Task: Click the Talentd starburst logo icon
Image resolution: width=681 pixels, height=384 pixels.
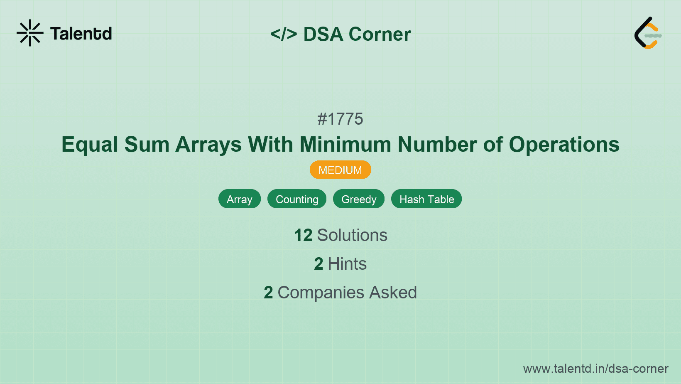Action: click(30, 33)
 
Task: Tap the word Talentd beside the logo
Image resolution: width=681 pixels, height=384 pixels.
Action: click(81, 34)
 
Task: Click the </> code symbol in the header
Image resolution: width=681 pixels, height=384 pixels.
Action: click(284, 34)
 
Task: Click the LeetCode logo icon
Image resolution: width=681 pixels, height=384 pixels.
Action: click(648, 33)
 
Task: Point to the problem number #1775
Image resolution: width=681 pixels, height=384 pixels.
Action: click(340, 119)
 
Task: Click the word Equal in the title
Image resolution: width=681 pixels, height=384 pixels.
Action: click(90, 145)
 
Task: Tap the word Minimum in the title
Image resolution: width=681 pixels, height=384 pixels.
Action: click(345, 145)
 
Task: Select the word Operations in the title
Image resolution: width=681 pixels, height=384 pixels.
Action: click(564, 145)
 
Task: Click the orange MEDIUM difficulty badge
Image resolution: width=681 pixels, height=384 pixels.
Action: click(340, 170)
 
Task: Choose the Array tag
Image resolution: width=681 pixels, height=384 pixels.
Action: click(240, 199)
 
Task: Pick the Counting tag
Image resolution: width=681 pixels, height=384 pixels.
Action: click(297, 199)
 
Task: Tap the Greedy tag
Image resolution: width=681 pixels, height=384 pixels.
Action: click(359, 199)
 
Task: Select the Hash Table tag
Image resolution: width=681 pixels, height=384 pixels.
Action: click(426, 199)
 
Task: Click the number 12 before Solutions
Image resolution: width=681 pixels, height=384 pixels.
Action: click(303, 235)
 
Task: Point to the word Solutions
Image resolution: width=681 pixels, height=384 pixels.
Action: click(352, 235)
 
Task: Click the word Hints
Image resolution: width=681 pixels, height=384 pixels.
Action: click(347, 264)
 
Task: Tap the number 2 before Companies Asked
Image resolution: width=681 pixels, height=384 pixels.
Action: click(268, 293)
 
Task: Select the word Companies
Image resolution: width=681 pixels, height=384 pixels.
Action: click(321, 293)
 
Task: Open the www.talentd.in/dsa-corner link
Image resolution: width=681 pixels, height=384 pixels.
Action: click(595, 369)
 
